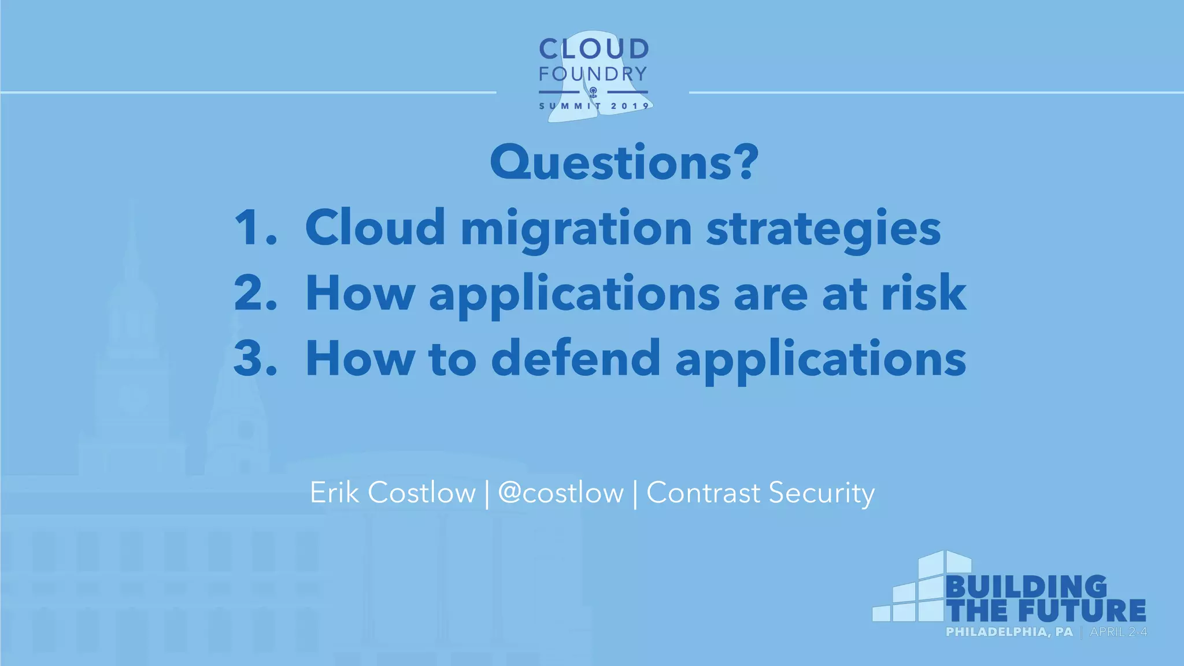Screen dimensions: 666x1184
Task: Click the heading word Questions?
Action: pyautogui.click(x=624, y=163)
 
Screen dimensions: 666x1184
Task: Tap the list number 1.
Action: pyautogui.click(x=254, y=227)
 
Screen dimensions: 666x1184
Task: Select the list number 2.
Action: pyautogui.click(x=254, y=293)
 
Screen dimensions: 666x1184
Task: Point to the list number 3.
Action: pyautogui.click(x=254, y=358)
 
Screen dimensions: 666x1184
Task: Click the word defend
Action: pyautogui.click(x=575, y=358)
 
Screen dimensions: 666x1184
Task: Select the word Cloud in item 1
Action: pyautogui.click(x=375, y=227)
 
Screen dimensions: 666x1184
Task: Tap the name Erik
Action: pyautogui.click(x=334, y=493)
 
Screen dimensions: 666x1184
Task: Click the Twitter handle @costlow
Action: pyautogui.click(x=561, y=493)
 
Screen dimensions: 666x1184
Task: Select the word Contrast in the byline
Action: pyautogui.click(x=703, y=493)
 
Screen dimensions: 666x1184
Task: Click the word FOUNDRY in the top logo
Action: pyautogui.click(x=593, y=74)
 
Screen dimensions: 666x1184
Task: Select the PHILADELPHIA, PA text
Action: pyautogui.click(x=1009, y=632)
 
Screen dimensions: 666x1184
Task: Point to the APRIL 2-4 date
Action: pyautogui.click(x=1118, y=632)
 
